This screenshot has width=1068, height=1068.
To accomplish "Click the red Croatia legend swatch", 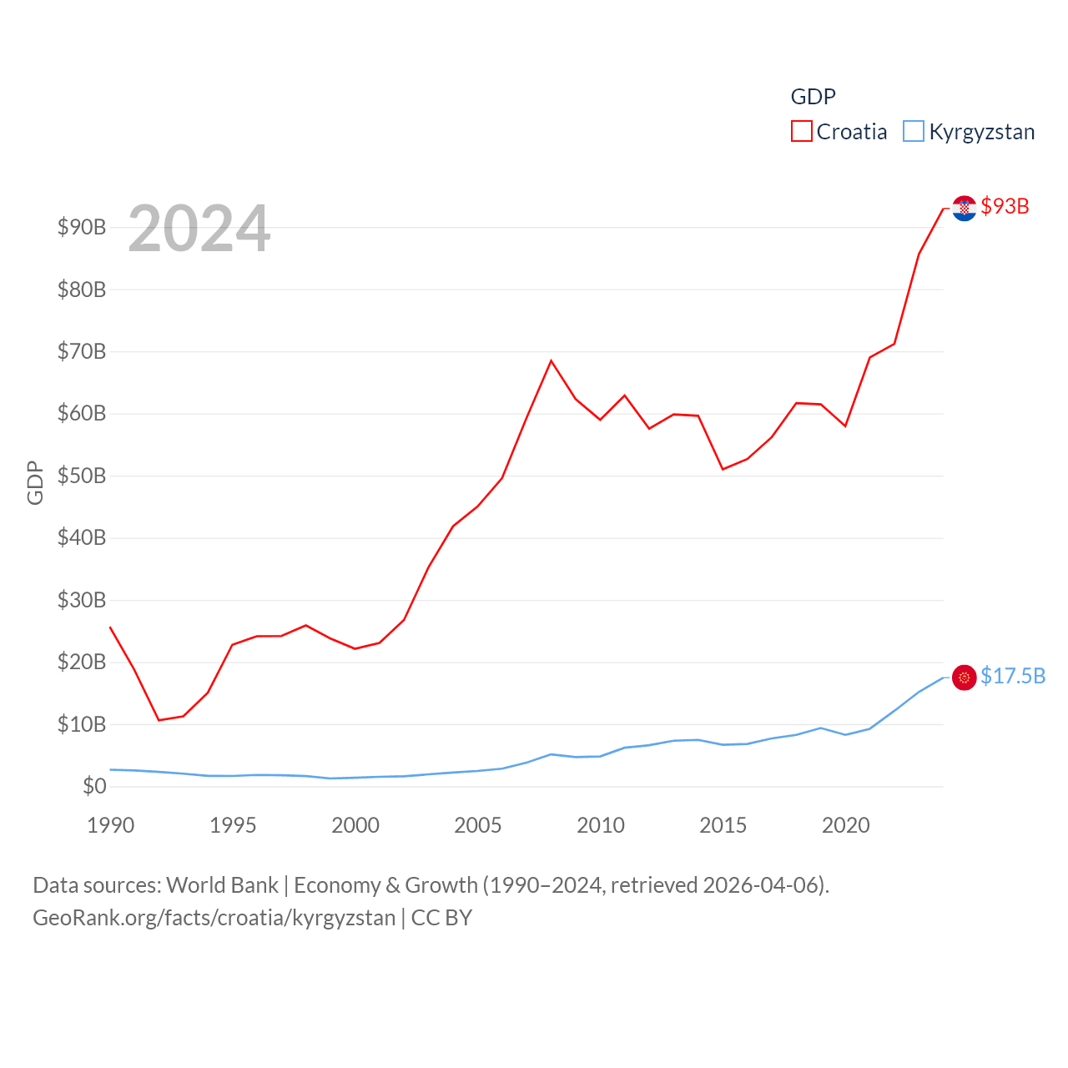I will pos(801,131).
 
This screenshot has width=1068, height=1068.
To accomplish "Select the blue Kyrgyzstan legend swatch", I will pos(914,131).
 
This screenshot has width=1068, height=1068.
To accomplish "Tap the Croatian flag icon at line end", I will pos(964,208).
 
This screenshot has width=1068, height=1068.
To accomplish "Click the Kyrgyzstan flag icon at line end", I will pos(964,678).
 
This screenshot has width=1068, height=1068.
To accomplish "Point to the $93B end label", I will pos(1005,206).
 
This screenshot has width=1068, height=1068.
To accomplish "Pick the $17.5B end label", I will pos(1012,676).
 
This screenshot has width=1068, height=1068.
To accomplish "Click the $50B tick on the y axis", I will pos(81,476).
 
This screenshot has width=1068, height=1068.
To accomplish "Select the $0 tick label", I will pos(94,786).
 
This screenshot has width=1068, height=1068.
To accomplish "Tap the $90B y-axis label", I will pos(81,227).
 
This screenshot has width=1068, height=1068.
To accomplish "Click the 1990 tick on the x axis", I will pos(110,825).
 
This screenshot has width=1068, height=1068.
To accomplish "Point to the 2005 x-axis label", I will pos(478,825).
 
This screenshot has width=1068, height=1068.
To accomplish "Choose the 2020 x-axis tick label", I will pos(846,825).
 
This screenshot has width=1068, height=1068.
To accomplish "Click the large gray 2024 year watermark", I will pos(199,228).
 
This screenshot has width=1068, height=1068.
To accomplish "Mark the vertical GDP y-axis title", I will pos(35,482).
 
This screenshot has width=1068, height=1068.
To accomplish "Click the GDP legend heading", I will pos(813,97).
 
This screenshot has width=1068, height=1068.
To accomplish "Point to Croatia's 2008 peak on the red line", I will pos(552,360).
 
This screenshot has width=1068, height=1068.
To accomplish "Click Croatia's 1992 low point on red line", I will pos(159,720).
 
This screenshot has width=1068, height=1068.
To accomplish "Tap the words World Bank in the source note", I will pos(222,884).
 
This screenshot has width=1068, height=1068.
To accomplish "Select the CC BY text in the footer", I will pos(441,918).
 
